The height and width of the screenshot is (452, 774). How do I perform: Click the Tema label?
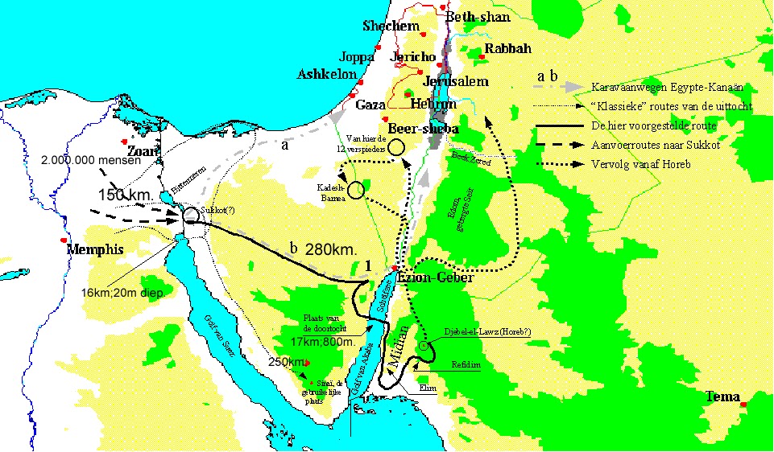tap(722, 397)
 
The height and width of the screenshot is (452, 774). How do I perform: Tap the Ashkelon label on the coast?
tap(327, 74)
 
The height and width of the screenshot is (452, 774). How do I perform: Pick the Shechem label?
tap(392, 26)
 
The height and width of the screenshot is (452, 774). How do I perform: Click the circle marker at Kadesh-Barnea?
tap(357, 190)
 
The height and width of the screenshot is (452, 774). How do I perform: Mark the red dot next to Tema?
tap(744, 404)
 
